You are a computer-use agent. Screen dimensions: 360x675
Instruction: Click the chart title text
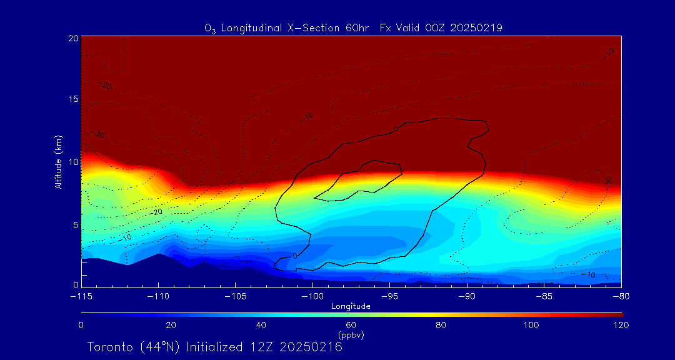pos(354,27)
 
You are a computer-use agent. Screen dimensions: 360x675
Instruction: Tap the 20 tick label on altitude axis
pos(72,38)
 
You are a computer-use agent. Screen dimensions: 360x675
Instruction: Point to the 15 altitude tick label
pos(73,100)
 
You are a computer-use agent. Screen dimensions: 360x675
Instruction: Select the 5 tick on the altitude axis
pos(75,224)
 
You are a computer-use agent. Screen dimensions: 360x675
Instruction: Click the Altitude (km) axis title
pos(59,162)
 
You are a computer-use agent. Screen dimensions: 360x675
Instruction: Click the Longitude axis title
pos(351,306)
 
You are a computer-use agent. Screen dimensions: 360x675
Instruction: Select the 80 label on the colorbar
pos(441,325)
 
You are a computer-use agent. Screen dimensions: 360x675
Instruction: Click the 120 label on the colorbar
pos(621,325)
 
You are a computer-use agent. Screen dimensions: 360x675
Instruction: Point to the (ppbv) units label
pos(351,335)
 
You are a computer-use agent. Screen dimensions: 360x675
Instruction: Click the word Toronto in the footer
pos(111,347)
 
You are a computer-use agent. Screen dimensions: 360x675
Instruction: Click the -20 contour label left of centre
pos(157,212)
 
